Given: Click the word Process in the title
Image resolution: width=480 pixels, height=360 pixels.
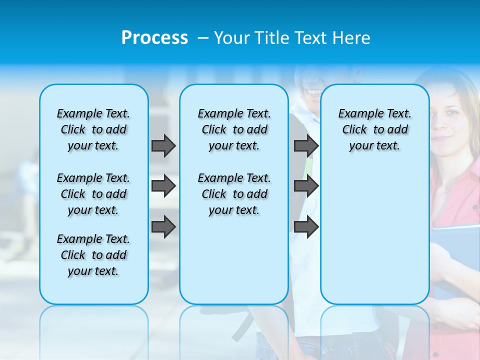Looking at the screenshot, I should pos(154,37).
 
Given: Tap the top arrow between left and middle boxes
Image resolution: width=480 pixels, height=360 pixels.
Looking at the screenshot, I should pos(163,145).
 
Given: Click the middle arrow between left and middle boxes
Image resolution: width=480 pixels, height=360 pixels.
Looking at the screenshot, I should pos(163,186).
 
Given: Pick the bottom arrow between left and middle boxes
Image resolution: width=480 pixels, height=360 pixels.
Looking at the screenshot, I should pos(163,227).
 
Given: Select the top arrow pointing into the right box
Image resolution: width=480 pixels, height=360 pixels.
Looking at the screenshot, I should pos(306,145).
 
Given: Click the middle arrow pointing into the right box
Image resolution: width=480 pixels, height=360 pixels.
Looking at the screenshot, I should pos(306,186).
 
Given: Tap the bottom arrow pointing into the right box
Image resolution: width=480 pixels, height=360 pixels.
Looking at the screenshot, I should pos(306,227).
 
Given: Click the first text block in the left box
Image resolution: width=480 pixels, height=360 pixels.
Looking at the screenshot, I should pos(93,129).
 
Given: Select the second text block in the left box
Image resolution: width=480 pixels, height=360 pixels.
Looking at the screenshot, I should pos(93,194).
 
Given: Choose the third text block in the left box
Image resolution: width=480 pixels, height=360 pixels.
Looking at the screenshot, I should pos(93,255).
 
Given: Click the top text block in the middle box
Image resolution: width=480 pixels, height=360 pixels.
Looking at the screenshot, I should pos(234,129).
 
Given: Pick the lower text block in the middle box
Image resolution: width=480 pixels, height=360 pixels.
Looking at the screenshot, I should pos(234,194).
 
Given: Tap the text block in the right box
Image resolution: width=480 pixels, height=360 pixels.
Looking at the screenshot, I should pos(374,129).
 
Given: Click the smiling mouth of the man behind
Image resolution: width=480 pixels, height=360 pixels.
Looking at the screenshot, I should pos(314,92).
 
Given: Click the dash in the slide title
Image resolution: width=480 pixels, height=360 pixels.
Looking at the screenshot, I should pos(202,38).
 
